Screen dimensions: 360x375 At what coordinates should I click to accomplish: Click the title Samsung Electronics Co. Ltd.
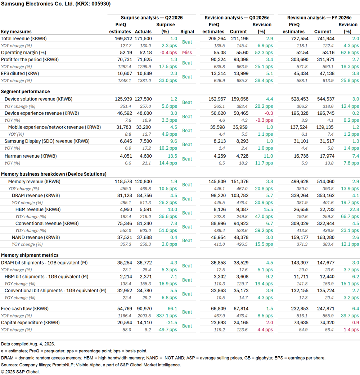pyautogui.click(x=37, y=4)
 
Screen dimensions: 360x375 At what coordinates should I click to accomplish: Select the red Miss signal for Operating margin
pyautogui.click(x=187, y=53)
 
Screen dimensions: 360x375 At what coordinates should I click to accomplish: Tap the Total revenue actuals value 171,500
pyautogui.click(x=143, y=39)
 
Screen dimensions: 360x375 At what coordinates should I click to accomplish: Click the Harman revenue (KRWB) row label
pyautogui.click(x=31, y=156)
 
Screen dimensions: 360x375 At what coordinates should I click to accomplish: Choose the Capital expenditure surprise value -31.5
pyautogui.click(x=171, y=322)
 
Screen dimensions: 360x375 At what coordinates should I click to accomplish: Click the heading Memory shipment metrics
pyautogui.click(x=30, y=255)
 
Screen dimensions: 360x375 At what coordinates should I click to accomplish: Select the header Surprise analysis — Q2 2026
pyautogui.click(x=152, y=18)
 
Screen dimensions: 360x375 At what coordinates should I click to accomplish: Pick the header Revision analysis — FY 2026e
pyautogui.click(x=319, y=18)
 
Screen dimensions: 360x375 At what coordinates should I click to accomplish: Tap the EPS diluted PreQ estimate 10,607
pyautogui.click(x=125, y=74)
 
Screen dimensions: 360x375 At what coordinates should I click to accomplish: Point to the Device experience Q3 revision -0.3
pyautogui.click(x=269, y=113)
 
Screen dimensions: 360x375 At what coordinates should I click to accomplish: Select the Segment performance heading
pyautogui.click(x=25, y=92)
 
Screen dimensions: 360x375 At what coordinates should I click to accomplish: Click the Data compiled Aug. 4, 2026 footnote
pyautogui.click(x=28, y=344)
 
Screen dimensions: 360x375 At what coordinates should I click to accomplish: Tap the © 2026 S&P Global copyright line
pyautogui.click(x=20, y=372)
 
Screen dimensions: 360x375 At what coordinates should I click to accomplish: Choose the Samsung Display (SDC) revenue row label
pyautogui.click(x=47, y=141)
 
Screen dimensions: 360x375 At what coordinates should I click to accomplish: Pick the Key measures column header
pyautogui.click(x=16, y=32)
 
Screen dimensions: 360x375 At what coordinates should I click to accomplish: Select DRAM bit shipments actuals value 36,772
pyautogui.click(x=144, y=263)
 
